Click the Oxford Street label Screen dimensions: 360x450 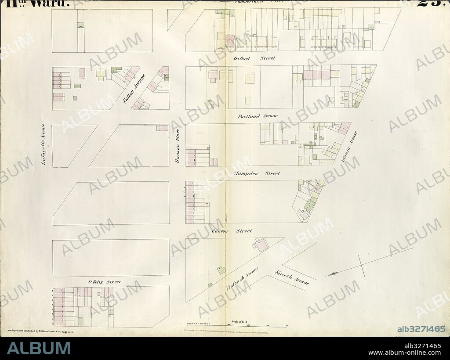click(x=254, y=58)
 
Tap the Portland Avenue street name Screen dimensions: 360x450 click(x=258, y=116)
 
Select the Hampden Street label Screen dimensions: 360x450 click(x=257, y=173)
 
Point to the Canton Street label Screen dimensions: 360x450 click(x=232, y=231)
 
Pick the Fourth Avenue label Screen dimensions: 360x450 click(x=292, y=277)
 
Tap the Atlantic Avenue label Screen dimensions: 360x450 click(x=349, y=147)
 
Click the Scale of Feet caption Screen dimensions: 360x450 click(x=239, y=322)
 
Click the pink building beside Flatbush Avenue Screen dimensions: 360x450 click(x=262, y=245)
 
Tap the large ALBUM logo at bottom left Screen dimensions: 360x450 click(x=38, y=348)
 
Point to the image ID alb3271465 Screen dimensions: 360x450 click(x=421, y=329)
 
